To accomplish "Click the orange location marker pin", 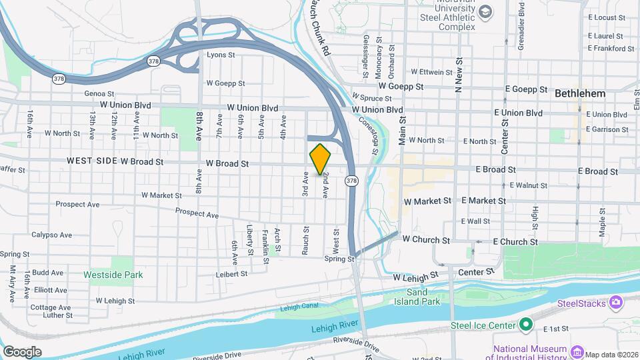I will pos(320,159).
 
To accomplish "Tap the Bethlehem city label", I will pos(580,94).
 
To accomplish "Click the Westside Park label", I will pos(104,274).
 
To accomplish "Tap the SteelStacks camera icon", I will pos(616,303).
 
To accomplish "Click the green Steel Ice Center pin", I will pos(526,325).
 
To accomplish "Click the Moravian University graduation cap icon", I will pos(485,12).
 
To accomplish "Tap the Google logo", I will pos(22,351).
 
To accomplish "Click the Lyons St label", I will pos(221,55).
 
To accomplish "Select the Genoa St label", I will pos(99,94).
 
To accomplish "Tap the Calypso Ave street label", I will pos(51,235).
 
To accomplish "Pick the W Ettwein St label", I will pos(437,71).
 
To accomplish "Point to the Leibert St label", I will pos(231,273).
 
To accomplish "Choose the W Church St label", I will pos(426,239).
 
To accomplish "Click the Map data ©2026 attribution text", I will pos(610,354).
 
